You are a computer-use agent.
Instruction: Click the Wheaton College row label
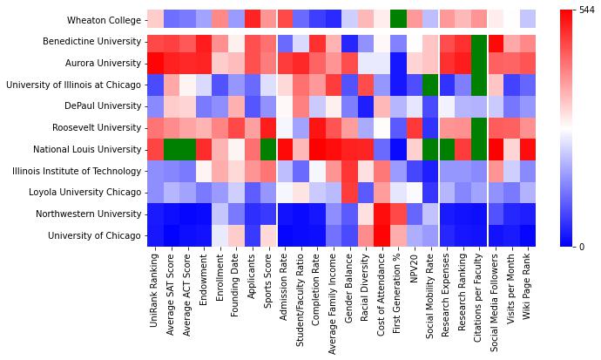pyautogui.click(x=101, y=20)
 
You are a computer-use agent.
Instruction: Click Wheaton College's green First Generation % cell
pyautogui.click(x=398, y=20)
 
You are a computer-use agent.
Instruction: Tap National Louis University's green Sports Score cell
pyautogui.click(x=268, y=149)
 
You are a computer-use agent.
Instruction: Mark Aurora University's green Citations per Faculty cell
pyautogui.click(x=479, y=63)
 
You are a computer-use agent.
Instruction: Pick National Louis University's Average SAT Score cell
pyautogui.click(x=171, y=149)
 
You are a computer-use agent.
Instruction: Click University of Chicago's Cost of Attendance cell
pyautogui.click(x=382, y=235)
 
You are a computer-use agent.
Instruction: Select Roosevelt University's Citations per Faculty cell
pyautogui.click(x=479, y=127)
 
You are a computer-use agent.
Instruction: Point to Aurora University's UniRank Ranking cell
pyautogui.click(x=154, y=63)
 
